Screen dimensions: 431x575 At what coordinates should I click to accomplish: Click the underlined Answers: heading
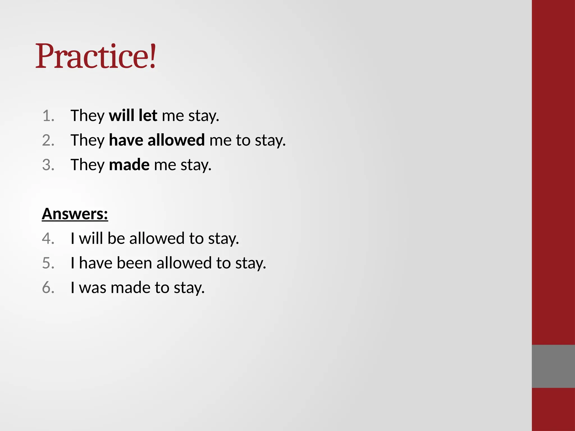pos(75,214)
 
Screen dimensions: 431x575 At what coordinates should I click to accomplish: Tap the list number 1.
pos(48,116)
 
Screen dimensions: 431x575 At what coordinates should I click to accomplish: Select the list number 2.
pos(48,140)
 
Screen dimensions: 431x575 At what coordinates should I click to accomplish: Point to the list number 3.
pos(48,165)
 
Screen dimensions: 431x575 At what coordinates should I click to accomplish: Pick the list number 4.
pos(48,239)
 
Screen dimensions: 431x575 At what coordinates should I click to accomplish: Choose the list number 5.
pos(48,263)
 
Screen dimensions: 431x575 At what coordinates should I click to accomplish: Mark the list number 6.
pos(48,288)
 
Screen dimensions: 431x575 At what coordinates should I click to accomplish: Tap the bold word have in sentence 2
pos(126,140)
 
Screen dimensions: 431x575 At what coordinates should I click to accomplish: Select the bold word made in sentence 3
pos(129,165)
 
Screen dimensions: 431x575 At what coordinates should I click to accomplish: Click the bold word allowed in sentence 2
pos(176,140)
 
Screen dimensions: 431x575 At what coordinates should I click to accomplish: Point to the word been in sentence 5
pos(134,263)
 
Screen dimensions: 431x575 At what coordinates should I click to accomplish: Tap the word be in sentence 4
pos(116,239)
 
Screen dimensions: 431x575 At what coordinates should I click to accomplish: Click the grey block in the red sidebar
pos(553,366)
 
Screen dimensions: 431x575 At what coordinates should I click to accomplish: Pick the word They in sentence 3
pos(88,165)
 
